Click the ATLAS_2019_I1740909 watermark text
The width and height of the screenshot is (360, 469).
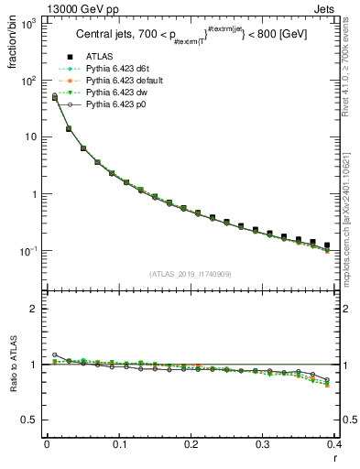click(x=190, y=273)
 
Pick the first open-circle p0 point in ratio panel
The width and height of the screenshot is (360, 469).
click(x=54, y=354)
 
